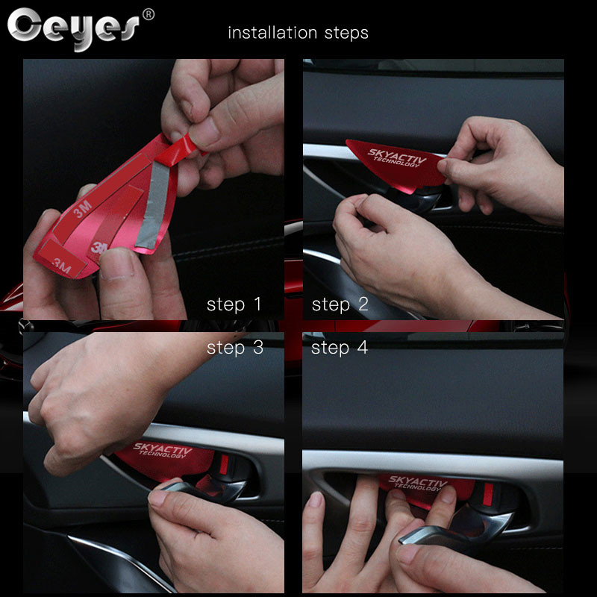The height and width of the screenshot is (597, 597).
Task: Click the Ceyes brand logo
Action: (73, 28)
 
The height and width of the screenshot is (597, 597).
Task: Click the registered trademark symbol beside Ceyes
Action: (148, 15)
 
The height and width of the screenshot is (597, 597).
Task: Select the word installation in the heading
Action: (272, 33)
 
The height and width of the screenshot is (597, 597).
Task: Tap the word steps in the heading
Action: (346, 34)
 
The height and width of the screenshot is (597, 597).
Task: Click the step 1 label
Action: (234, 304)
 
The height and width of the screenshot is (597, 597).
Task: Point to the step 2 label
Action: (340, 304)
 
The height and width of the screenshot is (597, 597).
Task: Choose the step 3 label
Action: (235, 348)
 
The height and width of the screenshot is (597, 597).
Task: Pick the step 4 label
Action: (340, 348)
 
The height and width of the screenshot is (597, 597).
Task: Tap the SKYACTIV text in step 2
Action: (397, 156)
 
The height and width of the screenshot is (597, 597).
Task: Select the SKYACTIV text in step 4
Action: (418, 481)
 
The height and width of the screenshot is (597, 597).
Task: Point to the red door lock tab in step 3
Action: (225, 464)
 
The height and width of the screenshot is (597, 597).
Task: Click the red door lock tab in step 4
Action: (489, 493)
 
